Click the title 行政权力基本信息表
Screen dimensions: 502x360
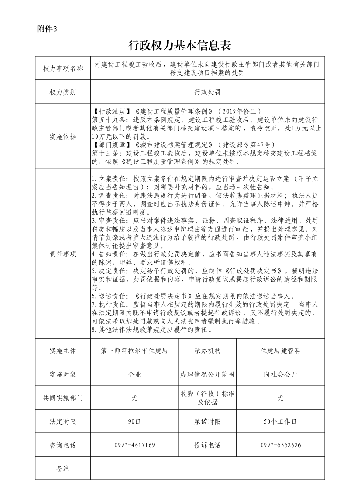180,45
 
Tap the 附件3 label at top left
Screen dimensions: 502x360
47,29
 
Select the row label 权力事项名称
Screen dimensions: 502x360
63,69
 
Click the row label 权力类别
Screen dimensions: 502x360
63,92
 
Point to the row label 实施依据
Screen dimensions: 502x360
63,136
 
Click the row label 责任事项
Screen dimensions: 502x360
63,254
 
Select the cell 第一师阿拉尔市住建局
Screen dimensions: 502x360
135,351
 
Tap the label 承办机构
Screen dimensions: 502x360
207,351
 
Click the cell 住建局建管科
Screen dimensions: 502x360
281,351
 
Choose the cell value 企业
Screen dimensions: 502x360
135,374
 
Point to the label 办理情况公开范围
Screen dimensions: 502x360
207,374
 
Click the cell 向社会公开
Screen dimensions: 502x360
281,374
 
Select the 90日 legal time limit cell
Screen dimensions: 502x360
135,421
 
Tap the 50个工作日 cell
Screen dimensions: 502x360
281,421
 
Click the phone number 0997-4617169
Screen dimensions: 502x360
135,445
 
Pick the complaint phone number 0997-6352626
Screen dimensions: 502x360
281,445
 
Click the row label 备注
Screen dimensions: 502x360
63,468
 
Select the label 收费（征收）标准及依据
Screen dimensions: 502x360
207,398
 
